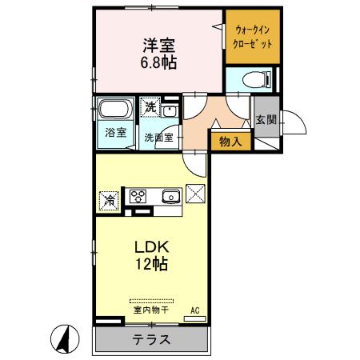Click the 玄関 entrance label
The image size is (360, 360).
(266, 120)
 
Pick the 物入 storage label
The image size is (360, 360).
(230, 142)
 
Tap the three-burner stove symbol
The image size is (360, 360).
(138, 196)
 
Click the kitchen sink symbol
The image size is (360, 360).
(170, 197)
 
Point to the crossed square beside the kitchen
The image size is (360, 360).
(195, 194)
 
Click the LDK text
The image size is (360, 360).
(150, 246)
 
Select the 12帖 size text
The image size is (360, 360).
(150, 263)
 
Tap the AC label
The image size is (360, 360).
(194, 310)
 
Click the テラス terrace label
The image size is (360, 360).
(151, 339)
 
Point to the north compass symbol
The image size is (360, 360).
(63, 339)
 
